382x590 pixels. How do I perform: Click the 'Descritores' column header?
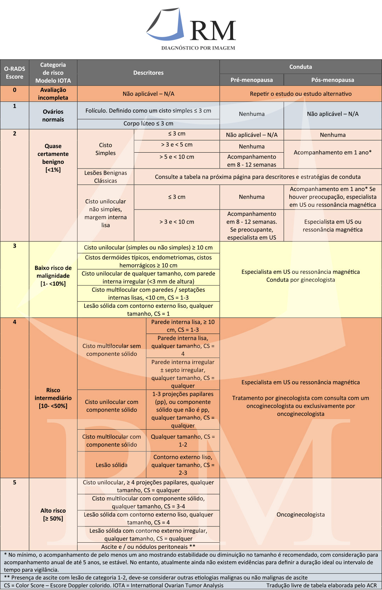(x=148, y=73)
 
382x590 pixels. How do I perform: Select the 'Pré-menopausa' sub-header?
(x=251, y=80)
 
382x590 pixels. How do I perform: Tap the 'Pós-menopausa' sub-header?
(x=332, y=80)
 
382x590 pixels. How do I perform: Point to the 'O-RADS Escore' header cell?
(x=15, y=73)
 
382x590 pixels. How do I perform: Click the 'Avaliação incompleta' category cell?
(x=53, y=94)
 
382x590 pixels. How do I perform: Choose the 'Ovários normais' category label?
(x=53, y=116)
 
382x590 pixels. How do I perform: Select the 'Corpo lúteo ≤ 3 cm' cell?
(x=148, y=124)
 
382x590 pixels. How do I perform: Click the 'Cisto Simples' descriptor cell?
(x=105, y=149)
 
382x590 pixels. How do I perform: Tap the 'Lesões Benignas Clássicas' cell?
(x=105, y=177)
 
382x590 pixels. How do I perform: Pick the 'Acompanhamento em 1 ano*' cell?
(x=332, y=152)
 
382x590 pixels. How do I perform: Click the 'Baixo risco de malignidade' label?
(x=53, y=276)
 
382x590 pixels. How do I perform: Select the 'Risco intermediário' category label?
(x=53, y=398)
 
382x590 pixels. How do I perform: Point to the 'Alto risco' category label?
(x=53, y=514)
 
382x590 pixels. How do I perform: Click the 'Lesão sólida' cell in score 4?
(x=111, y=465)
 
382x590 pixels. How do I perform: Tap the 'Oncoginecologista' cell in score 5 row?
(x=301, y=514)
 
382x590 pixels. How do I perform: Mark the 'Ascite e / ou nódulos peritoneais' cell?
(x=148, y=547)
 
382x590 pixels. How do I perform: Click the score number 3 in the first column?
(x=15, y=246)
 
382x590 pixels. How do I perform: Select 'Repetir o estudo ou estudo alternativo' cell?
(x=301, y=94)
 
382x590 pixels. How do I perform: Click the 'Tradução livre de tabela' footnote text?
(x=321, y=585)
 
